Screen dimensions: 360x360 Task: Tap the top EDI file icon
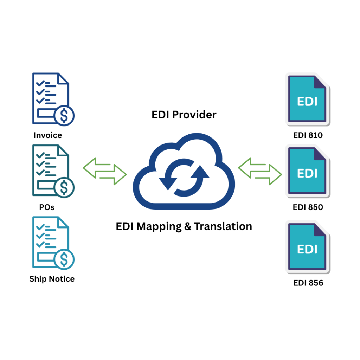[x=307, y=99]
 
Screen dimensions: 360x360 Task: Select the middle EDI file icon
[x=307, y=171]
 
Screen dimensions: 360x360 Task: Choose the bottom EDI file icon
[x=307, y=246]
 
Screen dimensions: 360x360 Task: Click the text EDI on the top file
[x=307, y=102]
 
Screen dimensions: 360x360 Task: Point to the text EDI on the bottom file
[x=307, y=249]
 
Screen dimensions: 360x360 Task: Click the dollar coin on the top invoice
[x=64, y=115]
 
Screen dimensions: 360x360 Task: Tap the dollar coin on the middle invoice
[x=64, y=187]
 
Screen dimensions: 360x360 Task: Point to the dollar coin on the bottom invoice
[x=64, y=259]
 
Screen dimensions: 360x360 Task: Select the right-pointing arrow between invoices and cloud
[x=113, y=175]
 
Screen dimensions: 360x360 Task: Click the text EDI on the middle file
[x=307, y=173]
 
